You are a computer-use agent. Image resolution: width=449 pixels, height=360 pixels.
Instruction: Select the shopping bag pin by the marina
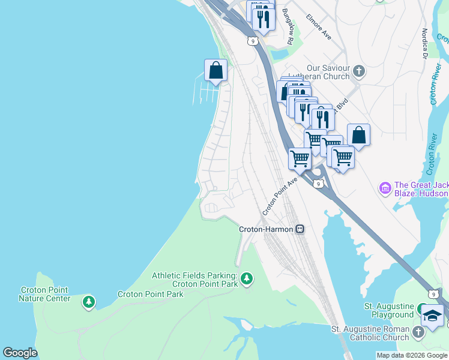click(215, 71)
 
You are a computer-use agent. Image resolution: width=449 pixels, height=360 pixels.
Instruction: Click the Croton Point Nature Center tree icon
click(89, 301)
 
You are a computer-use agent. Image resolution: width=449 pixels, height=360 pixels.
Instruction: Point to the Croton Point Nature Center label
click(44, 294)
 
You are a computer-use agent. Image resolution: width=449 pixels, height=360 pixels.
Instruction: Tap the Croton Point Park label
click(150, 294)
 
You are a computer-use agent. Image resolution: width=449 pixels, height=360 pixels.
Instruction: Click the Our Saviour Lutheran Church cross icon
click(358, 72)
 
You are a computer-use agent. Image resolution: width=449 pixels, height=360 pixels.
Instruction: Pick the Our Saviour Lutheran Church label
click(319, 72)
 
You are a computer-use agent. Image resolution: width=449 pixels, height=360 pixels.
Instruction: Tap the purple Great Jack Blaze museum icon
click(385, 188)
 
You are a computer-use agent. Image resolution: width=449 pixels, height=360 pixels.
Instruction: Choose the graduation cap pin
click(432, 317)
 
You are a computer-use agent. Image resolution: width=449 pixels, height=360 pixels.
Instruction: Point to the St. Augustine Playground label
click(389, 310)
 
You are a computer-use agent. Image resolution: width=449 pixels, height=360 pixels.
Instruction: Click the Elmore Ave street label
click(319, 27)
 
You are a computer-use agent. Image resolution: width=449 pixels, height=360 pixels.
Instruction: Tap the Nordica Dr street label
click(424, 43)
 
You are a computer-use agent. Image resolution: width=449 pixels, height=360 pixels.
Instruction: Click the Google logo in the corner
click(20, 353)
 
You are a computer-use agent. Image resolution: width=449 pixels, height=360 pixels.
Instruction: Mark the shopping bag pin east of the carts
click(358, 136)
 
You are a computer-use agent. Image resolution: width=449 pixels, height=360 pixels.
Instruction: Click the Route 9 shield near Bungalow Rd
click(253, 41)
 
